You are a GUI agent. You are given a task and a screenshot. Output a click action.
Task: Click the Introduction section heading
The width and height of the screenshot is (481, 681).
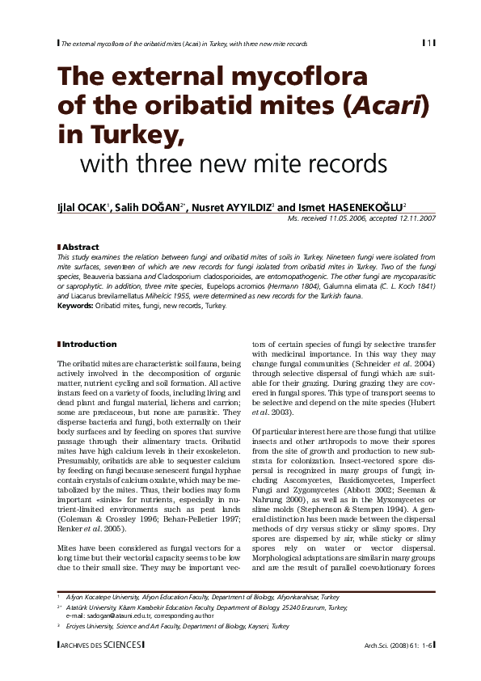[x=90, y=344]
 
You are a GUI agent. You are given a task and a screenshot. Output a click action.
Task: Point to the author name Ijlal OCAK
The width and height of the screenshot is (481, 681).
[x=83, y=208]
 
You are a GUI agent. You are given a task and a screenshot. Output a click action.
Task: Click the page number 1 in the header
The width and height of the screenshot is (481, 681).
[x=430, y=42]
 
